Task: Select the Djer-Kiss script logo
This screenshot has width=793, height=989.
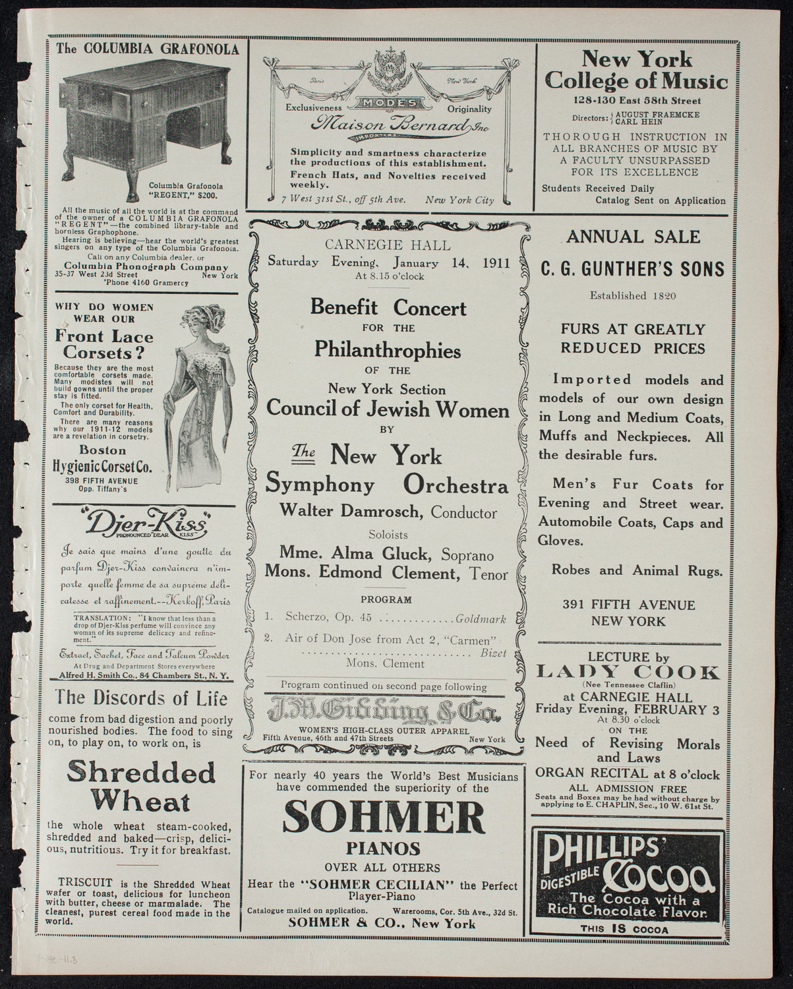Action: coord(146,525)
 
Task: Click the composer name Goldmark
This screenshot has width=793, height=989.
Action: coord(481,619)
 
